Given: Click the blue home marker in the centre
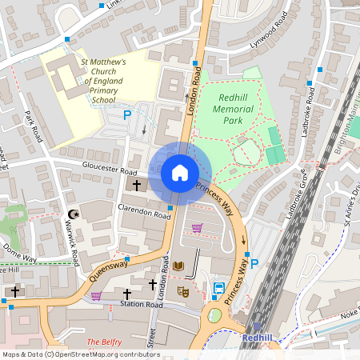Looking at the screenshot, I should pyautogui.click(x=180, y=173).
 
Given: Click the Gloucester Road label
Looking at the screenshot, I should pyautogui.click(x=110, y=169).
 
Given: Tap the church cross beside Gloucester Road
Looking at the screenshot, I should pyautogui.click(x=136, y=186).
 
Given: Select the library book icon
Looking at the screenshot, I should pyautogui.click(x=178, y=266).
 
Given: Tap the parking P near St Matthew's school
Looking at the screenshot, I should pyautogui.click(x=126, y=116).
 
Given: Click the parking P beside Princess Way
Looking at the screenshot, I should pyautogui.click(x=254, y=264).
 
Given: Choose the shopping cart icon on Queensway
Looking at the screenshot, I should pyautogui.click(x=96, y=295).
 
